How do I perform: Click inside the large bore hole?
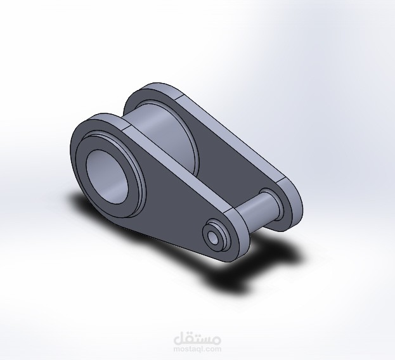click(107, 177)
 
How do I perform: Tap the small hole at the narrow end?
click(213, 237)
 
